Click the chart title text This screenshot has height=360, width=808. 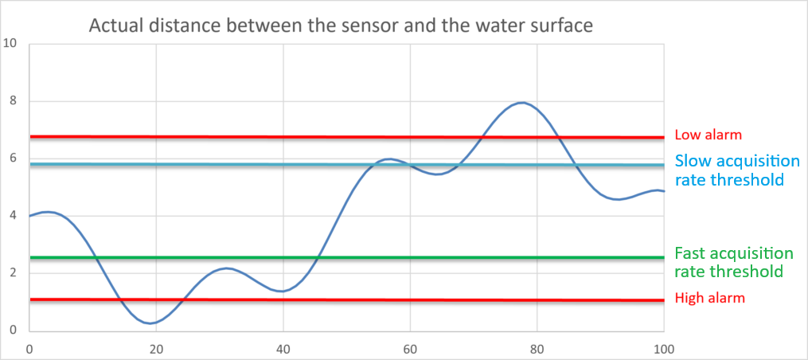click(x=341, y=25)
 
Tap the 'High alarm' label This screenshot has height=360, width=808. click(x=710, y=299)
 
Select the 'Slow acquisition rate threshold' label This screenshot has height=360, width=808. click(x=729, y=170)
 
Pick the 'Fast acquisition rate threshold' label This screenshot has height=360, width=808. click(x=733, y=263)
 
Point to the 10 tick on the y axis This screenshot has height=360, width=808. click(x=10, y=43)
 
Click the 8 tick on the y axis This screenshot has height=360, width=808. click(x=12, y=101)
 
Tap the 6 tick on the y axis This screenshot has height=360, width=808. click(x=12, y=158)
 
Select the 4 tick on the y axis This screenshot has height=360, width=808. click(x=12, y=216)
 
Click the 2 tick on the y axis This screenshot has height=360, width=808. click(x=12, y=273)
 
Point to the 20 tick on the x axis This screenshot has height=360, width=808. click(x=156, y=348)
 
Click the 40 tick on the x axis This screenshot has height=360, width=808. click(x=283, y=348)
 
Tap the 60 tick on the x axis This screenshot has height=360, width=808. click(x=410, y=348)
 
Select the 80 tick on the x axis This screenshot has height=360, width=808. click(x=537, y=348)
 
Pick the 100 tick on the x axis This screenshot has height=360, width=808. click(x=663, y=348)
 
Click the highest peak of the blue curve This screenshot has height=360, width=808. click(x=522, y=103)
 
